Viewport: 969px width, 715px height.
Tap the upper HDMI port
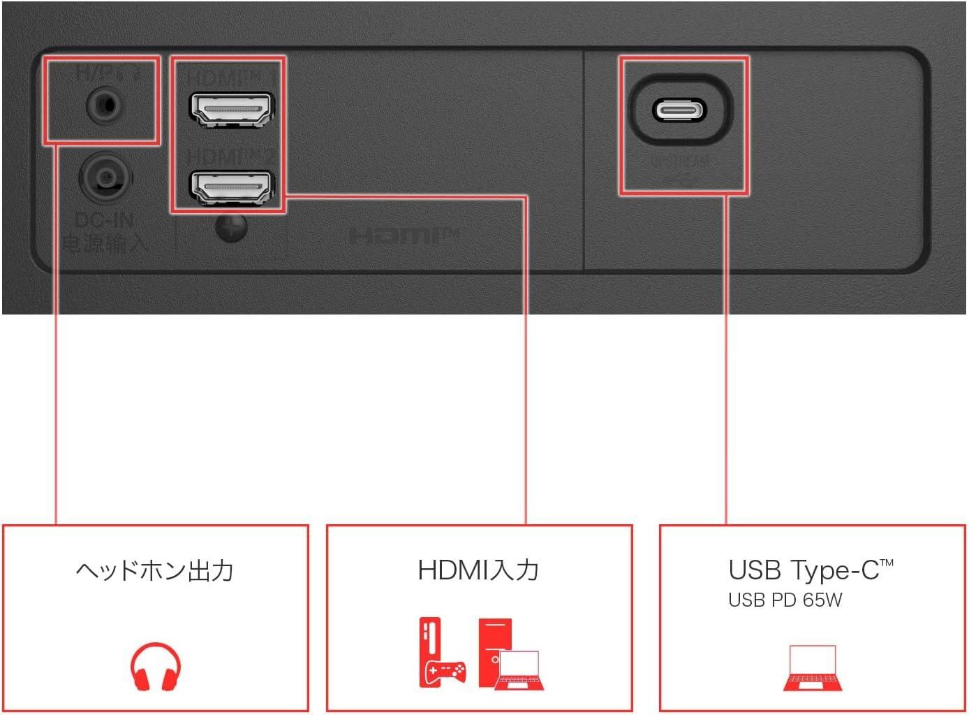[x=232, y=110]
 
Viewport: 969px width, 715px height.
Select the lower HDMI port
[x=232, y=187]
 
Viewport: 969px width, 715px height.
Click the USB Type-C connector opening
[x=679, y=110]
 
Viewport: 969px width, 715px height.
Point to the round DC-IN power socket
[x=105, y=178]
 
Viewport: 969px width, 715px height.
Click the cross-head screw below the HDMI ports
[x=231, y=228]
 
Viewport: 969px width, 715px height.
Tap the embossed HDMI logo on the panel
[x=403, y=236]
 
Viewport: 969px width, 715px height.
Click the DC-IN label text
[x=104, y=221]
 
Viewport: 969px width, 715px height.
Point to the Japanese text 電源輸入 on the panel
[x=104, y=243]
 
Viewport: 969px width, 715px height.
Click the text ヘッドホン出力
[x=154, y=571]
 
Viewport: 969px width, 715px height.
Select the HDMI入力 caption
[x=479, y=570]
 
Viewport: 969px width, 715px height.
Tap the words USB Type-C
[x=803, y=570]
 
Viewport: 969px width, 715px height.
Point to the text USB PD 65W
[x=785, y=600]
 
